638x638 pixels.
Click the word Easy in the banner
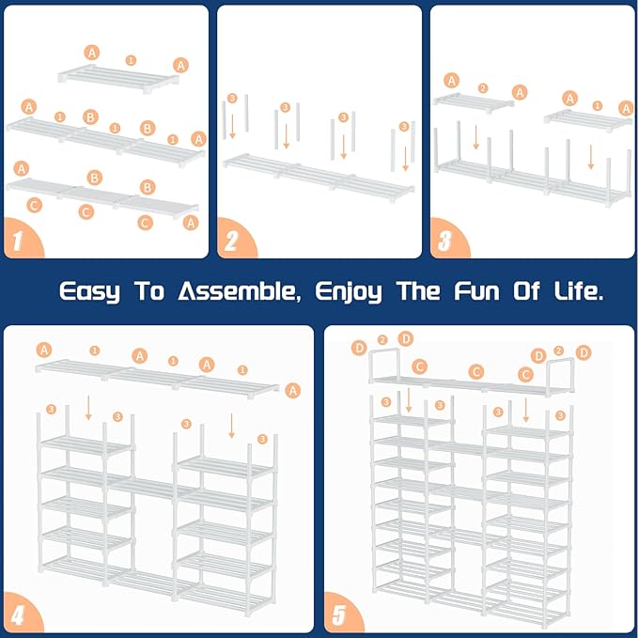[90, 291]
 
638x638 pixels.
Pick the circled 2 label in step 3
[483, 88]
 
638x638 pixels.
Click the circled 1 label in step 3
[597, 105]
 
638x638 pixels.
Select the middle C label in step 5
[476, 372]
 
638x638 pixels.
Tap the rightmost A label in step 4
[293, 389]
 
